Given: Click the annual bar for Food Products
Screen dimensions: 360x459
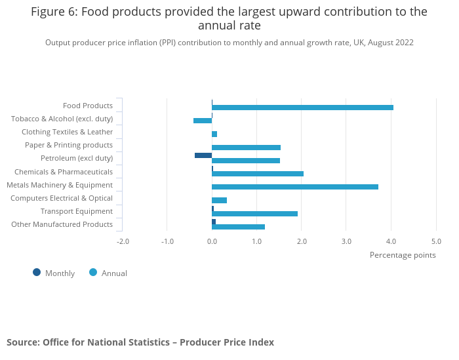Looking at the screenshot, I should click(302, 108).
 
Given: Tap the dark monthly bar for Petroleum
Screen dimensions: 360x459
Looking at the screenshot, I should click(203, 155).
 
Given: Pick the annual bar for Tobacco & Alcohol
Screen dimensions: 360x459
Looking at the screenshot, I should click(203, 121).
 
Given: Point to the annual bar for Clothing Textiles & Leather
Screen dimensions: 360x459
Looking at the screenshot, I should click(214, 134).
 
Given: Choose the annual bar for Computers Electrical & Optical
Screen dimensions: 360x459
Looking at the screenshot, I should click(220, 200).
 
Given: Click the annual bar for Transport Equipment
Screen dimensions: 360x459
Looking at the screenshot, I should click(254, 214).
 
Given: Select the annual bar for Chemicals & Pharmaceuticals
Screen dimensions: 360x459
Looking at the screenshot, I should click(258, 174).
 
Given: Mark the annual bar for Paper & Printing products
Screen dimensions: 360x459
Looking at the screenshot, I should click(246, 148).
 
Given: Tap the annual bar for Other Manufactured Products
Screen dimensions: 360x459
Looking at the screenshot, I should click(238, 227).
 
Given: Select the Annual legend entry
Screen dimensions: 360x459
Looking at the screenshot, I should click(108, 273).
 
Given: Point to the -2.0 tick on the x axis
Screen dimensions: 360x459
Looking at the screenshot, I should click(123, 241).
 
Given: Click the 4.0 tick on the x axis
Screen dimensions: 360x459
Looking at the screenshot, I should click(391, 241).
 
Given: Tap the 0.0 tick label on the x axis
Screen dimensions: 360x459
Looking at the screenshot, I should click(212, 241).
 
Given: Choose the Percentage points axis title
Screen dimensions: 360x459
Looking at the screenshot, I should click(403, 255).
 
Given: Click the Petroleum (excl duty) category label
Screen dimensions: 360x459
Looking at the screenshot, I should click(77, 159).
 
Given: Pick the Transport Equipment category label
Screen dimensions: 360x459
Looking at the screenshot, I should click(77, 211).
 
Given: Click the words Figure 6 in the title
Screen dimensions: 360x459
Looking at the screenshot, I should click(53, 12).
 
